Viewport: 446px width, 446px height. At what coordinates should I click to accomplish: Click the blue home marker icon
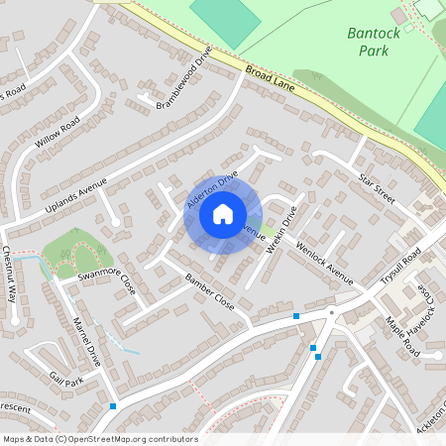[223, 213]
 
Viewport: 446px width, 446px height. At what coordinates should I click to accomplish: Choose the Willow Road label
[56, 137]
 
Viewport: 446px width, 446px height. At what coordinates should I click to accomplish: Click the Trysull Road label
[401, 266]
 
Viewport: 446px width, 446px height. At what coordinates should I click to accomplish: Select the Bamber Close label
[208, 292]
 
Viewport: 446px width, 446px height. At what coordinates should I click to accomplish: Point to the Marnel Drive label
[88, 342]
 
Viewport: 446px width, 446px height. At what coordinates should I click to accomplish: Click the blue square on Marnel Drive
[114, 406]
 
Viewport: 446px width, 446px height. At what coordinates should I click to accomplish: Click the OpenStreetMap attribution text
[99, 439]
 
